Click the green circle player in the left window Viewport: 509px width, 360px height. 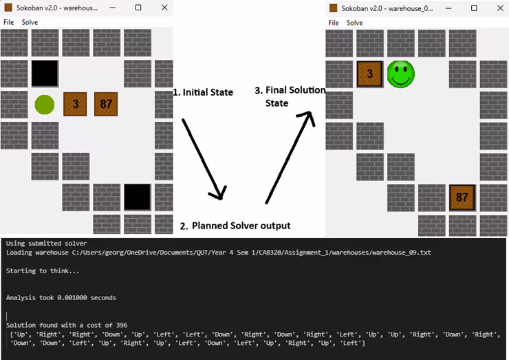45,105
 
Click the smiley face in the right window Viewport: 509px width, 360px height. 400,74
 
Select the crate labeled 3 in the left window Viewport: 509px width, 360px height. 75,105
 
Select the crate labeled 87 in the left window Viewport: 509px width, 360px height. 106,105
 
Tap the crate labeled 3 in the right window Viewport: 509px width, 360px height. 369,74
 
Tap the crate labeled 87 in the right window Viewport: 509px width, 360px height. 462,198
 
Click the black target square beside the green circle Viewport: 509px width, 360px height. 45,73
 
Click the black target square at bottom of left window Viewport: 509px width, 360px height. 137,197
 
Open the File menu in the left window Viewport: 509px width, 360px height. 8,22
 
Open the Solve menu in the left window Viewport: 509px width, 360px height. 30,22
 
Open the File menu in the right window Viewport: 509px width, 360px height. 333,23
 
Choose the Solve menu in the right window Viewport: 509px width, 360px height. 354,23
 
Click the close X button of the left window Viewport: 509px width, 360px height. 164,8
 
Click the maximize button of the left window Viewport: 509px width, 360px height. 138,8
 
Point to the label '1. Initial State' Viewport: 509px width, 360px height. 202,92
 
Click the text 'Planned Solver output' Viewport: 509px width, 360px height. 241,226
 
